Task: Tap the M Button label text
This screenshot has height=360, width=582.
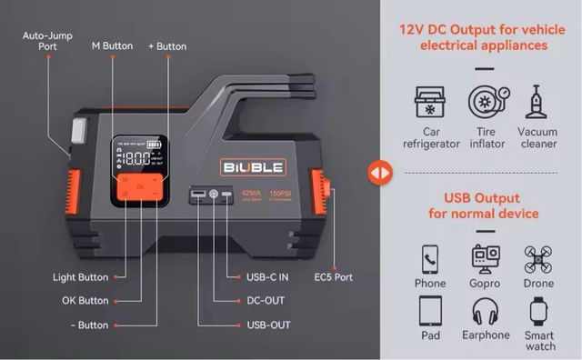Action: coord(112,45)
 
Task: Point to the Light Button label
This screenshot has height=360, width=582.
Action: coord(81,277)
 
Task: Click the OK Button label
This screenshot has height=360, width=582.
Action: coord(85,300)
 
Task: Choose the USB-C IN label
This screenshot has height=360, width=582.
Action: coord(267,277)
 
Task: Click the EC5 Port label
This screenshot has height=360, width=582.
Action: coord(334,277)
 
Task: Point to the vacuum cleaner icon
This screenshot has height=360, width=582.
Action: coord(536,104)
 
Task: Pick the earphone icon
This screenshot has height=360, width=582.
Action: coord(486,314)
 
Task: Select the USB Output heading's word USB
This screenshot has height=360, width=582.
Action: coord(459,197)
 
